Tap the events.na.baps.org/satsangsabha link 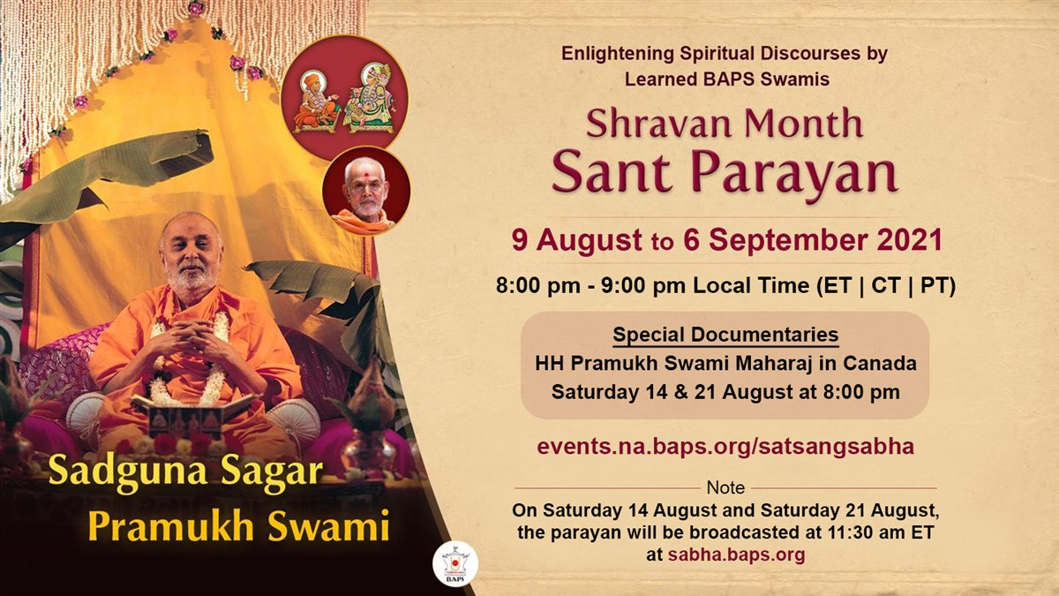coord(725,446)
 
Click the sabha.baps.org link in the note coord(736,555)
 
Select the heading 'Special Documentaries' coord(725,336)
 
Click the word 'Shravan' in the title coord(650,124)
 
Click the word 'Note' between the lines coord(725,487)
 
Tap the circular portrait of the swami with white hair coord(365,191)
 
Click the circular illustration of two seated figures coord(343,98)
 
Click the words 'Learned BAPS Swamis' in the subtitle coord(726,79)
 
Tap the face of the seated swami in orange coord(192,256)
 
